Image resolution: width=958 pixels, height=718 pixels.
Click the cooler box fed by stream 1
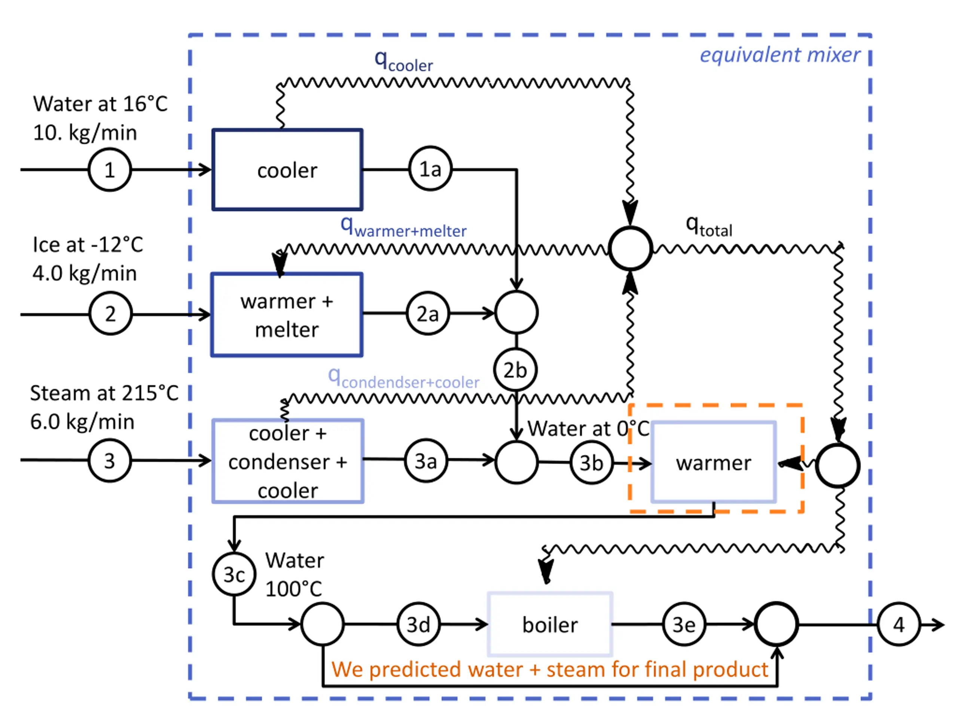[287, 170]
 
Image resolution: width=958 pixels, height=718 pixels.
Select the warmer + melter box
[287, 314]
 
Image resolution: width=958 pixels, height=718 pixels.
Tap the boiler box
[550, 625]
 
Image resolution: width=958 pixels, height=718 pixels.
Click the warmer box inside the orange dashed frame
[714, 463]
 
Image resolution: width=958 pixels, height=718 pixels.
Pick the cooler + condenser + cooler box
[287, 461]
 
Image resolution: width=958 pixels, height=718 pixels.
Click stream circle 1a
[430, 169]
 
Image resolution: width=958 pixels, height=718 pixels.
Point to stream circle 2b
[515, 370]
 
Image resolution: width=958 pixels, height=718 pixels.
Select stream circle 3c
[234, 574]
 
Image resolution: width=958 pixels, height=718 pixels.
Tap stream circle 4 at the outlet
[898, 625]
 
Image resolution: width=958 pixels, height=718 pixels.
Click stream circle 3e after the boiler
[684, 625]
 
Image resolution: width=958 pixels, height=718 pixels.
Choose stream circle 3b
[592, 463]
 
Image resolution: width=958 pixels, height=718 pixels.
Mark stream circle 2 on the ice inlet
[110, 313]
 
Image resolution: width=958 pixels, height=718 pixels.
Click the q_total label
[709, 227]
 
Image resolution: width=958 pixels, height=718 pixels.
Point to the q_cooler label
[404, 61]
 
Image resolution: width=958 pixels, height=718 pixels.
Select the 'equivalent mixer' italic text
[780, 55]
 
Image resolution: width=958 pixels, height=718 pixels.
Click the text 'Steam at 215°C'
[104, 393]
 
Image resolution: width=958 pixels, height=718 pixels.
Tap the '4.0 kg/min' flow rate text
[85, 273]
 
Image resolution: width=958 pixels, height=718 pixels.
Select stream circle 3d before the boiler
[418, 625]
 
